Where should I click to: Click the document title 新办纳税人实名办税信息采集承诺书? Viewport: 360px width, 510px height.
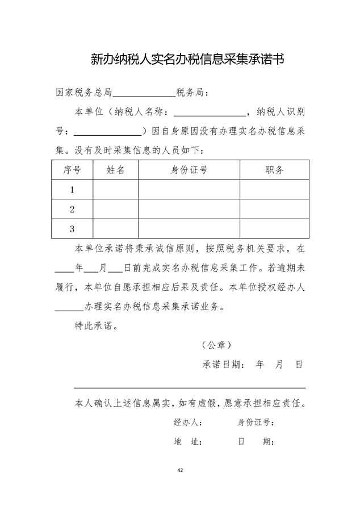coord(180,59)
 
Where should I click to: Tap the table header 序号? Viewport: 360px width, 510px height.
coord(72,169)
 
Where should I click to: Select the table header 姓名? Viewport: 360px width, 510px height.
coord(115,169)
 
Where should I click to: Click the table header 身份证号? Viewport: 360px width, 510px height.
coord(189,169)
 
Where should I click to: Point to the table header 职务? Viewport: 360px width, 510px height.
coord(274,169)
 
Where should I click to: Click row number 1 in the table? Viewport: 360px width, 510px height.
coord(72,190)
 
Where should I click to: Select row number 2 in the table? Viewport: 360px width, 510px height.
coord(72,210)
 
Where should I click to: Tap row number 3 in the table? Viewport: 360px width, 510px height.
coord(72,229)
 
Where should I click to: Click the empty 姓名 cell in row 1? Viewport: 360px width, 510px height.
coord(115,190)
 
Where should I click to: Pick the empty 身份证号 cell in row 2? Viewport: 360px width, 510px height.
coord(189,210)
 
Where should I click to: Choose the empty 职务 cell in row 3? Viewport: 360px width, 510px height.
coord(274,229)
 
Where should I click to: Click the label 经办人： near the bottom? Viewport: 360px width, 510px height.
coord(188,423)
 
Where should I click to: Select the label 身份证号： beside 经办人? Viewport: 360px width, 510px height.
coord(256,423)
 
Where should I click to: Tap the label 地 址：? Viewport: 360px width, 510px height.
coord(188,442)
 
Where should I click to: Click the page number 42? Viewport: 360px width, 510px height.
coord(180,470)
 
